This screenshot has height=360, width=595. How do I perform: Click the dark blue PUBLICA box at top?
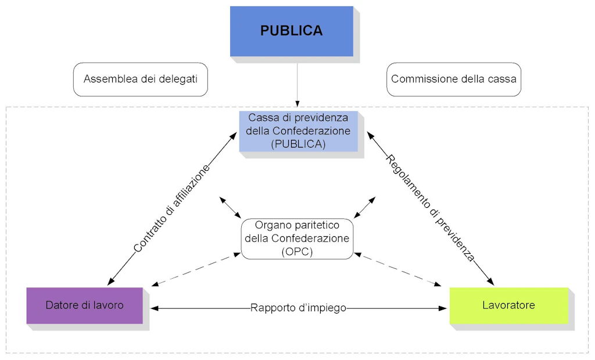click(x=291, y=31)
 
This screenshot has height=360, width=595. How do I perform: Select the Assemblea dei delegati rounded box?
click(x=140, y=79)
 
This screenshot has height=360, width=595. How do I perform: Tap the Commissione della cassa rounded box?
click(x=454, y=79)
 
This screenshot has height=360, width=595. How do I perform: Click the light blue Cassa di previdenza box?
click(x=298, y=131)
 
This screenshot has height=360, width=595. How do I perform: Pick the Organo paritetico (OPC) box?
click(x=297, y=238)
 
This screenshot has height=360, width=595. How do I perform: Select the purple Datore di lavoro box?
click(x=84, y=305)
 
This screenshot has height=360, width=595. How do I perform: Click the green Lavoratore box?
click(x=508, y=305)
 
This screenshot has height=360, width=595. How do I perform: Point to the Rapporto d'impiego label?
click(x=298, y=308)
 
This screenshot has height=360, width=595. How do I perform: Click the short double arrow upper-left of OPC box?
click(x=231, y=207)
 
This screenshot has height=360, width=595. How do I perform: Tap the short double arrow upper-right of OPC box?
click(x=365, y=207)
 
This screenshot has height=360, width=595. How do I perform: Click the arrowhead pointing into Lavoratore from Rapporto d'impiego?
click(x=442, y=308)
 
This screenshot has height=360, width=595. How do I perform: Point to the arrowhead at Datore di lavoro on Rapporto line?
click(x=155, y=308)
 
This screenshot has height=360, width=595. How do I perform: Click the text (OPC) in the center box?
click(x=297, y=251)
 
